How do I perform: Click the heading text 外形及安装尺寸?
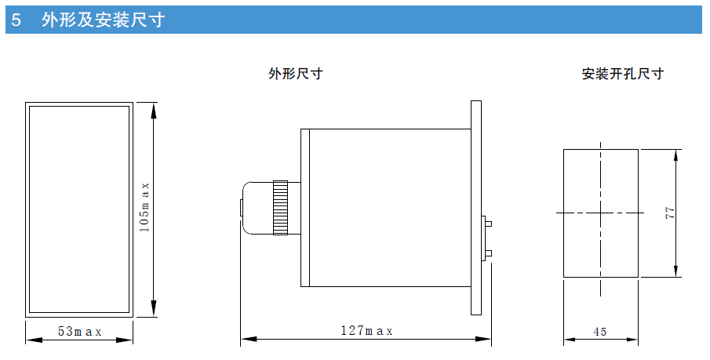coord(103,20)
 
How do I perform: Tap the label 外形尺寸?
coord(295,75)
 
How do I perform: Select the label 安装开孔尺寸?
coord(622,75)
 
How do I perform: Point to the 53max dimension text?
coord(79,331)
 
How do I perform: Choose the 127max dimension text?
coord(366,331)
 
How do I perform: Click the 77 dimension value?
coord(669,213)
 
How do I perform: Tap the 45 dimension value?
coord(600,332)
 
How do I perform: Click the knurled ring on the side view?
coord(280,208)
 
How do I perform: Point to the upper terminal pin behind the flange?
coord(488,224)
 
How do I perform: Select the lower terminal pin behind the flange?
coord(488,253)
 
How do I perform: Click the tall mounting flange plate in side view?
coord(476,208)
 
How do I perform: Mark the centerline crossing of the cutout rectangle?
coord(601,212)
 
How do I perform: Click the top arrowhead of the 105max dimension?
coord(154,107)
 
